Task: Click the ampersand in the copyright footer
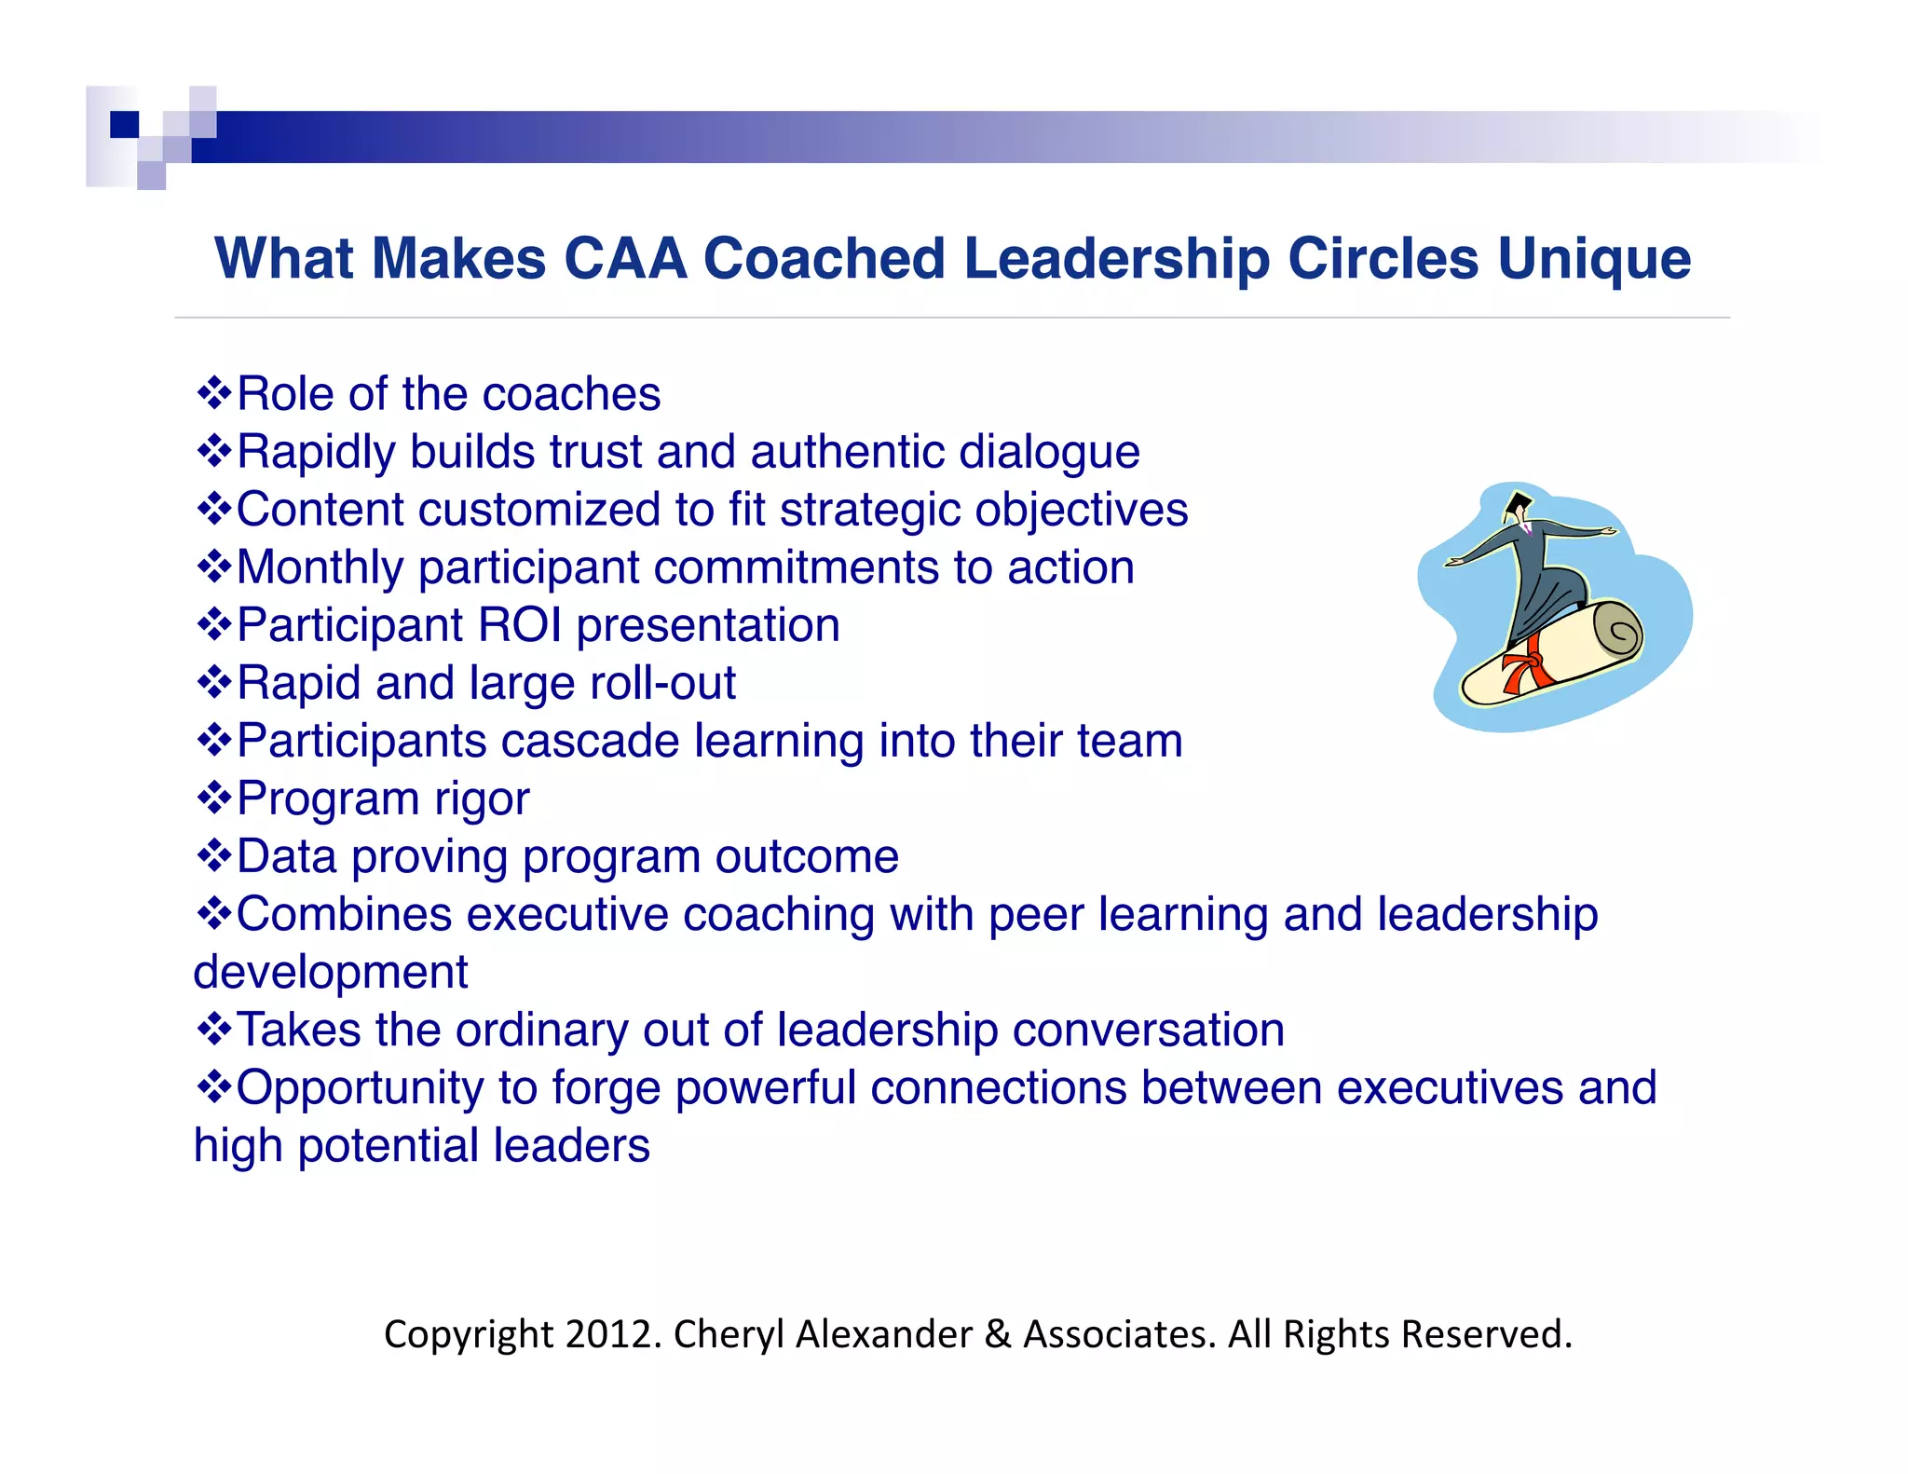pos(997,1334)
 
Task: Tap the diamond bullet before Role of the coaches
pos(214,393)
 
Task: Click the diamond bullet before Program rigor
pos(214,798)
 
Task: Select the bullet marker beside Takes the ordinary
pos(214,1029)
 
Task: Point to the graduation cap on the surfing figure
pos(1519,505)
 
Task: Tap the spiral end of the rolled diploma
pos(1618,632)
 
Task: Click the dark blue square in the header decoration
pos(124,124)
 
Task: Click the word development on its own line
pos(331,972)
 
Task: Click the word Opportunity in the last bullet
pos(359,1088)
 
